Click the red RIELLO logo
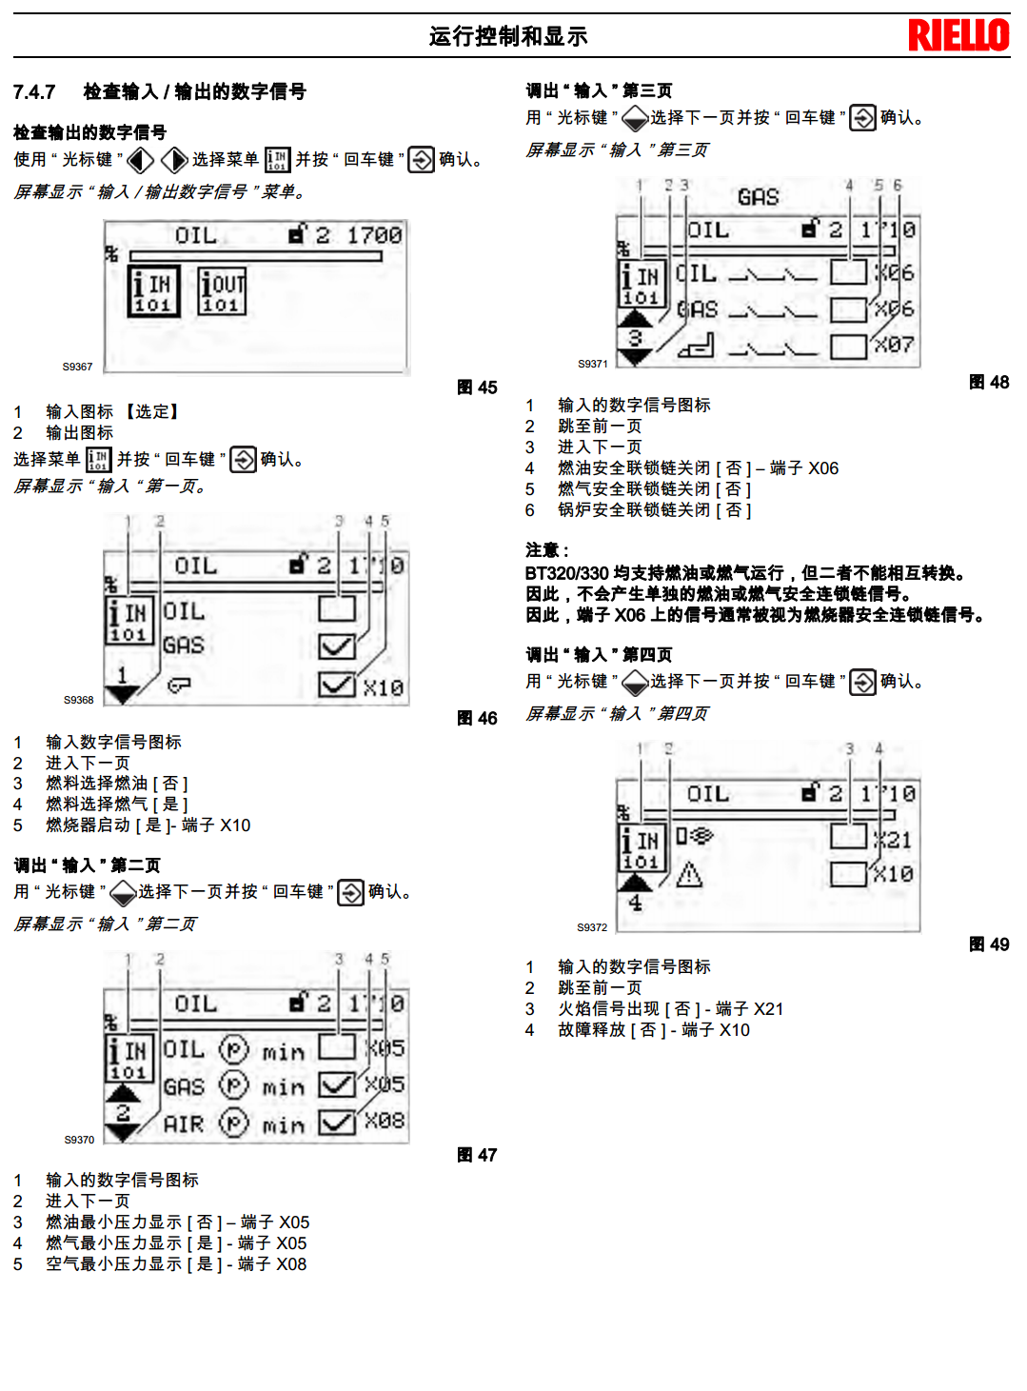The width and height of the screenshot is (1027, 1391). [958, 35]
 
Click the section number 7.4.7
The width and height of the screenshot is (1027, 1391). [34, 92]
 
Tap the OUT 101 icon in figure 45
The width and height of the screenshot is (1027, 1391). [222, 291]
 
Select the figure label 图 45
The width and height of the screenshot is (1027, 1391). [477, 387]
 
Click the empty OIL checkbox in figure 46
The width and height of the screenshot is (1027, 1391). [336, 609]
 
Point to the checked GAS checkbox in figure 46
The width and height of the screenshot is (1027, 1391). [336, 647]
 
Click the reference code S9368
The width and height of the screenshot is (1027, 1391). [78, 700]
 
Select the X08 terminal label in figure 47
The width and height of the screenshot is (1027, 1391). [385, 1121]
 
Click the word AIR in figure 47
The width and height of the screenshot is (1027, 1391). [184, 1124]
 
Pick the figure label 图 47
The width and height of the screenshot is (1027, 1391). [477, 1155]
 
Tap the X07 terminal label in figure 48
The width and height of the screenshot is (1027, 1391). [895, 345]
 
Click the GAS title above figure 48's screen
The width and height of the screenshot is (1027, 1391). [758, 197]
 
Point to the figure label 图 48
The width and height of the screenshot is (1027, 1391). [989, 383]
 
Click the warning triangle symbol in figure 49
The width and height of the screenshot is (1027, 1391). [688, 874]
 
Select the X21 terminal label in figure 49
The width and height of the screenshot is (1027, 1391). [895, 840]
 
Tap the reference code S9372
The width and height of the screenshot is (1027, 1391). [591, 927]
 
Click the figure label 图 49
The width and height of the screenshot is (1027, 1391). [989, 944]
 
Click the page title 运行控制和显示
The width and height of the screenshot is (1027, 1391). [508, 36]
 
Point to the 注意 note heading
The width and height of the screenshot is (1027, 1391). [546, 550]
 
